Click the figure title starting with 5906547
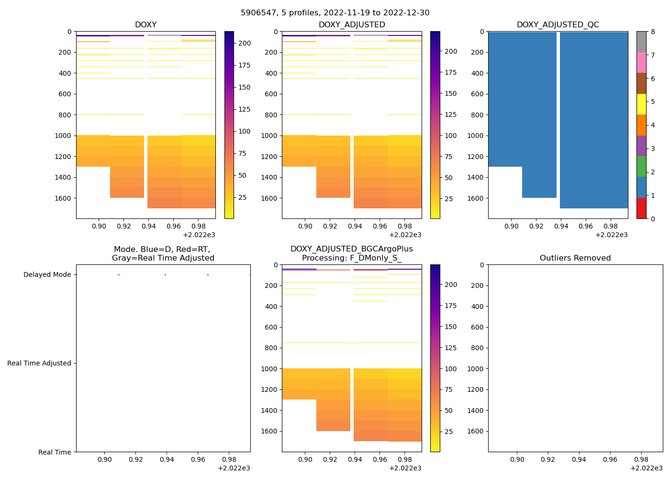click(x=335, y=13)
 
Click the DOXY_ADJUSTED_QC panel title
click(x=558, y=25)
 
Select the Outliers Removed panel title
click(x=575, y=258)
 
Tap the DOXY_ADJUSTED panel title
click(x=352, y=25)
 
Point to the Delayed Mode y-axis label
click(x=47, y=275)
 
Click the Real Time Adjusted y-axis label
click(x=39, y=364)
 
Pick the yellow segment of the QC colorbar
click(x=641, y=104)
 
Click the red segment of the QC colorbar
click(x=641, y=208)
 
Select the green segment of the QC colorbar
click(x=641, y=167)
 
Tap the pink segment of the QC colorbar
click(x=641, y=62)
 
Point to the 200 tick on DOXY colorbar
click(x=245, y=44)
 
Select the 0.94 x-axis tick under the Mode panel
click(x=167, y=459)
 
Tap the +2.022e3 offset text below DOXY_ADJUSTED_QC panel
click(x=611, y=235)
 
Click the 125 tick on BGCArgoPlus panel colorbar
click(x=450, y=348)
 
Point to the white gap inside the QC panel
click(x=558, y=115)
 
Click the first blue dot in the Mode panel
click(x=119, y=275)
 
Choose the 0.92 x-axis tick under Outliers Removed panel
click(x=548, y=459)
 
